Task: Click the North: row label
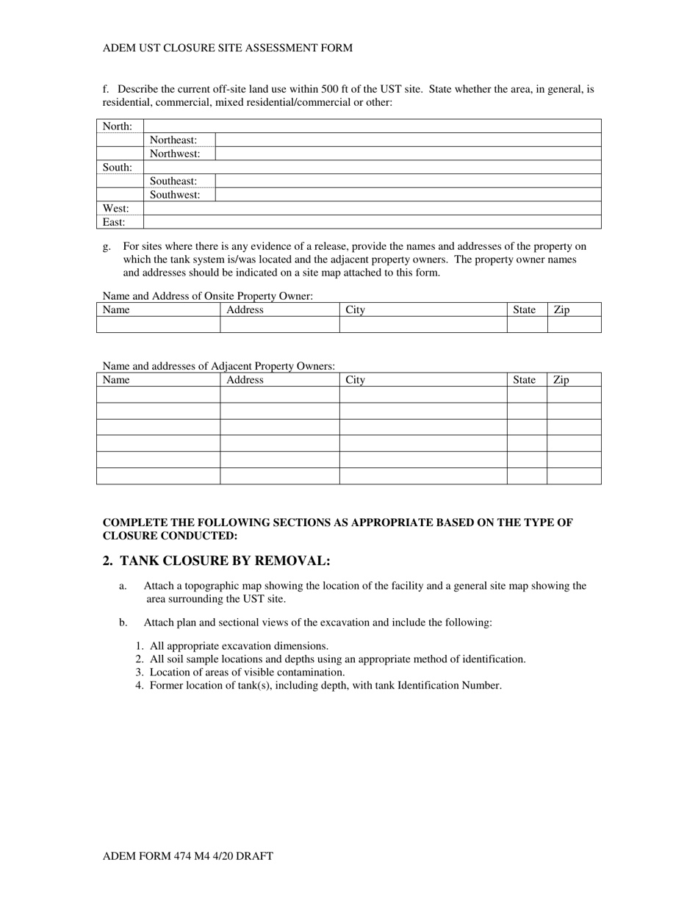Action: pyautogui.click(x=117, y=126)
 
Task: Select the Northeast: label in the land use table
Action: pyautogui.click(x=173, y=140)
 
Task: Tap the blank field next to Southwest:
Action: pyautogui.click(x=408, y=195)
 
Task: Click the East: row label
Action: pyautogui.click(x=114, y=222)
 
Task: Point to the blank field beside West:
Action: pyautogui.click(x=372, y=209)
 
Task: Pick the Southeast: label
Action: pyautogui.click(x=173, y=181)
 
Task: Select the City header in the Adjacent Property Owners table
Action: pyautogui.click(x=356, y=379)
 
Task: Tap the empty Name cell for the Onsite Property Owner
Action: pyautogui.click(x=158, y=325)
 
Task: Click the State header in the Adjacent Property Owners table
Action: pyautogui.click(x=524, y=379)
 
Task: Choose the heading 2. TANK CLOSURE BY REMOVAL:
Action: pyautogui.click(x=217, y=561)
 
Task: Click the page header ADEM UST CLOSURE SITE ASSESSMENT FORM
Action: pyautogui.click(x=228, y=48)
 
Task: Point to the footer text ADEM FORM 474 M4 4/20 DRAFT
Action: pyautogui.click(x=188, y=855)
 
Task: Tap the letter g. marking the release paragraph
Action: pyautogui.click(x=107, y=246)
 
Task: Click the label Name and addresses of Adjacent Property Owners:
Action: pyautogui.click(x=219, y=365)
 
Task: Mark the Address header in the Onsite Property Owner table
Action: pyautogui.click(x=245, y=309)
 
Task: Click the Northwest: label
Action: pyautogui.click(x=175, y=154)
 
